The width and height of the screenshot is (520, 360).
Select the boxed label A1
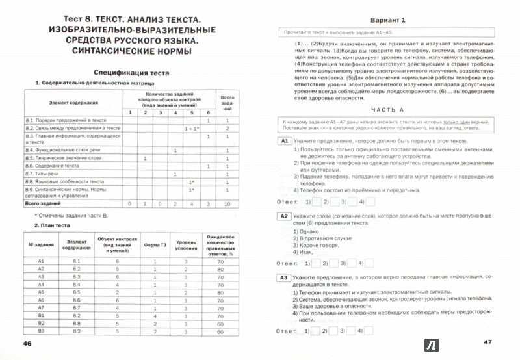(283, 141)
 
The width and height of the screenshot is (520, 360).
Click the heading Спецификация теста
(129, 73)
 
